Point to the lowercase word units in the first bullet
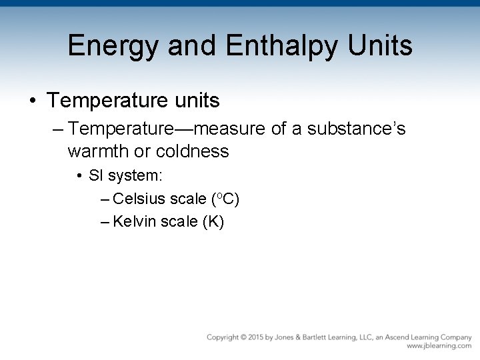[x=193, y=101]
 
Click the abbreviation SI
[x=96, y=177]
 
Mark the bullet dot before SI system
[x=79, y=177]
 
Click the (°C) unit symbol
[x=226, y=198]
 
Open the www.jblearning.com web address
[x=439, y=346]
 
